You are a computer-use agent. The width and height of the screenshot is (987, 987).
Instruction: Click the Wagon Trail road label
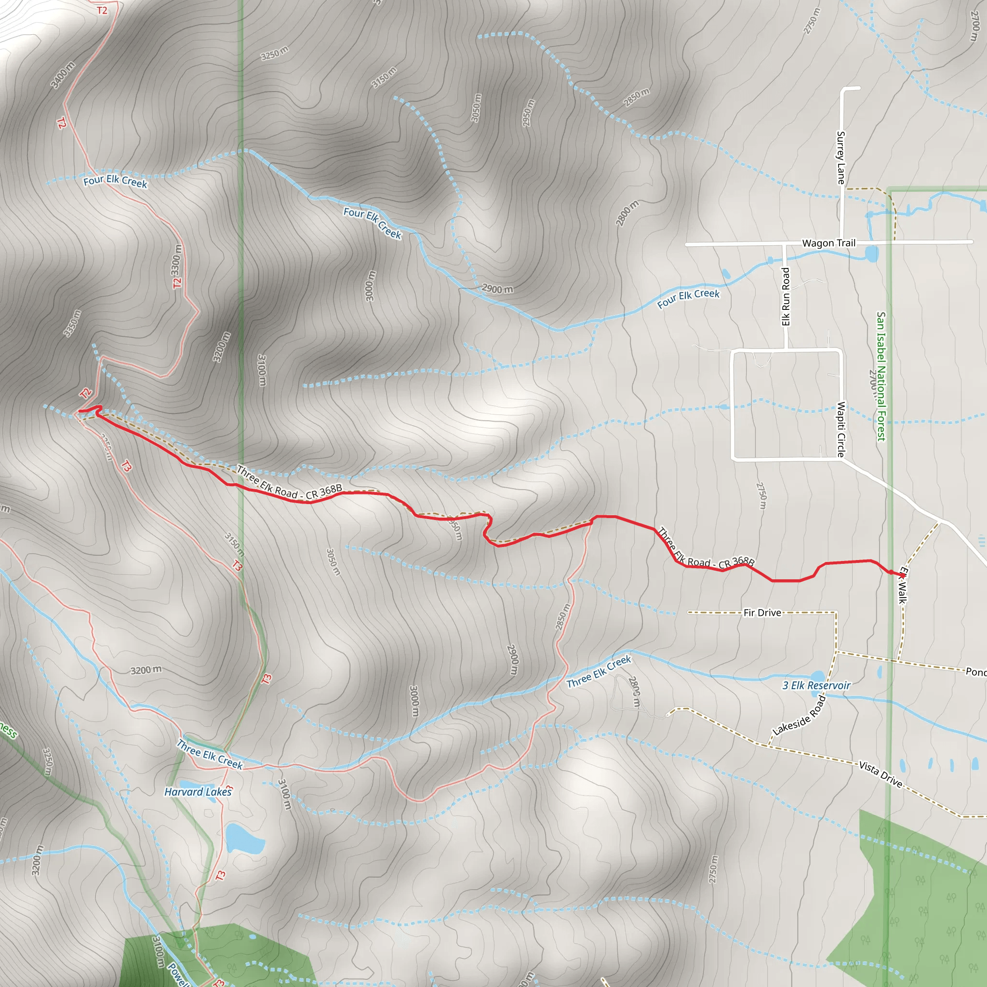coord(828,243)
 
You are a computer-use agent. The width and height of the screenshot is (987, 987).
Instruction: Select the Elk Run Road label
coord(786,296)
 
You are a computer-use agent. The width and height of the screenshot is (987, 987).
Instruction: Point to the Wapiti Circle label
coord(841,429)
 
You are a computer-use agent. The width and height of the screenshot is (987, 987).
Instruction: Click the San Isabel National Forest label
coord(881,376)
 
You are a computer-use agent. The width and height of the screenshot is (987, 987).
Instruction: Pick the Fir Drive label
coord(762,613)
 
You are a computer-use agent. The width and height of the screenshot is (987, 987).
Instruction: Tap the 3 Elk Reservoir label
coord(816,686)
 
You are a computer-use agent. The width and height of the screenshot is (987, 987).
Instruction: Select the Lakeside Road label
coord(799,715)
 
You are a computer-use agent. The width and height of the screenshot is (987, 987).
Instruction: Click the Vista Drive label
coord(881,774)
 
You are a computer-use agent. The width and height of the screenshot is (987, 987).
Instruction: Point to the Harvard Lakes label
coord(198,792)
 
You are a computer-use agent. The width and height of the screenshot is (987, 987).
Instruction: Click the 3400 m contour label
coord(63,75)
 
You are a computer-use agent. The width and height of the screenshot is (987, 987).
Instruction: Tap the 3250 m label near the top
coord(274,53)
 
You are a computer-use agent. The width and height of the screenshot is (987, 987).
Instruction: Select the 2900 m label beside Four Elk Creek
coord(497,289)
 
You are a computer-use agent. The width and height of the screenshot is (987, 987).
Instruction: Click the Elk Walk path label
coord(903,585)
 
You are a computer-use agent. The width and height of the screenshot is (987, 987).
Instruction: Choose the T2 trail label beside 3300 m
coord(177,282)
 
